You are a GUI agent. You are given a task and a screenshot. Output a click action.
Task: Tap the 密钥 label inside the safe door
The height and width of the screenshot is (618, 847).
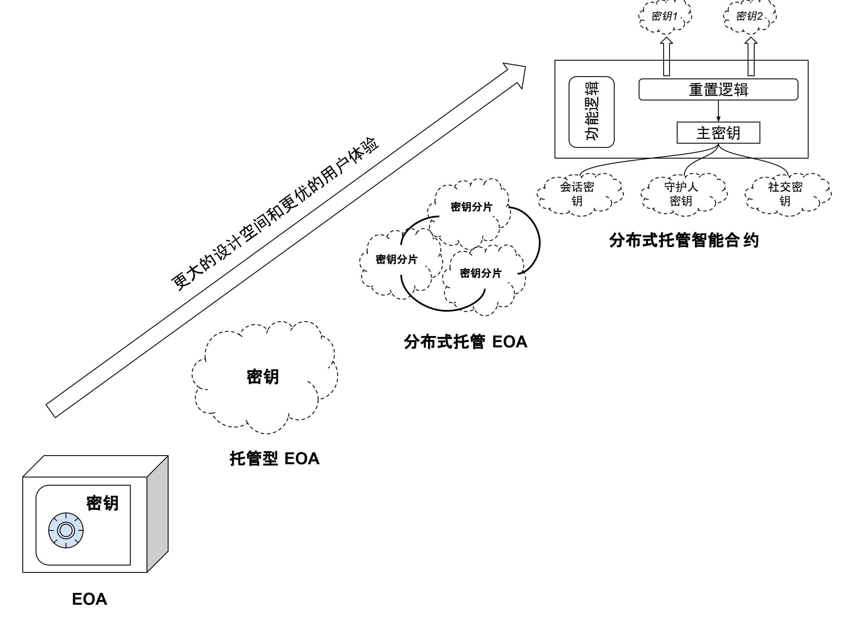point(102,503)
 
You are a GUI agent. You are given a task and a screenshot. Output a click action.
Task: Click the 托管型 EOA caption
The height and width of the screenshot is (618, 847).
point(274,459)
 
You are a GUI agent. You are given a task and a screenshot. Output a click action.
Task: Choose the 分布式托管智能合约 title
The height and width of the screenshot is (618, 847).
point(684,240)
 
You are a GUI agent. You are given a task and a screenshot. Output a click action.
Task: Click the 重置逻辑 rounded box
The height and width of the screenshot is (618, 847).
point(718,90)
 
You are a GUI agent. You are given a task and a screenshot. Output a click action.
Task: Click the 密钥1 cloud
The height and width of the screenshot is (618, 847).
point(665,16)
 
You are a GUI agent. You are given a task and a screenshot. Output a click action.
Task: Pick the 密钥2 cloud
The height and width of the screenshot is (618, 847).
point(749,16)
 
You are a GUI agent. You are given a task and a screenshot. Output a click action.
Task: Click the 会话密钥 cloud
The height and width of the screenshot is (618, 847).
point(577,194)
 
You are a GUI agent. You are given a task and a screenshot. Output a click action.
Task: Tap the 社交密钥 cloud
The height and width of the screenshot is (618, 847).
point(785,194)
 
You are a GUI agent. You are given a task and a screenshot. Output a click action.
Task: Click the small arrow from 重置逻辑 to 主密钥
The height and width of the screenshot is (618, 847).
point(718,111)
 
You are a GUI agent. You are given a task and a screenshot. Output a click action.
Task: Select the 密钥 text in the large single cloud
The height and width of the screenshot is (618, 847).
point(263,377)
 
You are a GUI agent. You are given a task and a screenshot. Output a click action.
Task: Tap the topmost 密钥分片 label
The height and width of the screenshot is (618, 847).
point(471,207)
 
